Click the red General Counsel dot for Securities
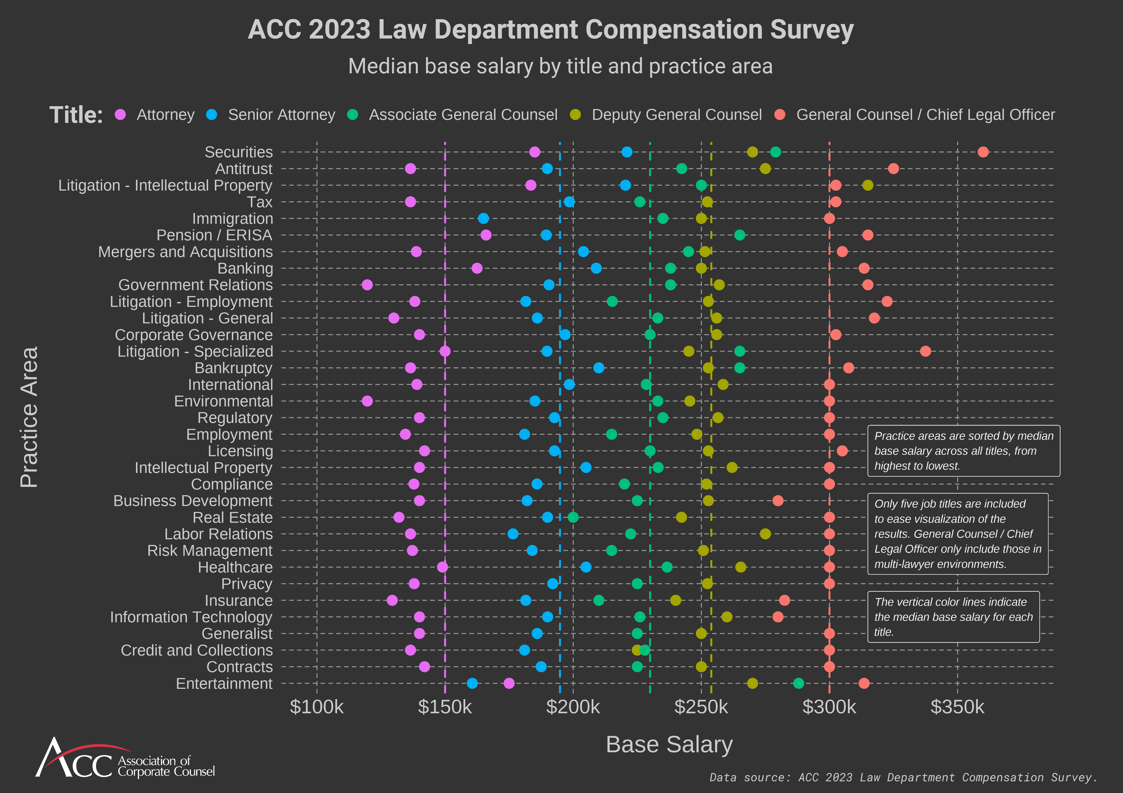983,152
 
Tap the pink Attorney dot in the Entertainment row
509,684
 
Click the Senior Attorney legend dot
211,115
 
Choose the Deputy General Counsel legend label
676,115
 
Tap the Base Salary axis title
669,745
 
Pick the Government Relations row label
195,285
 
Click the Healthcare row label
235,567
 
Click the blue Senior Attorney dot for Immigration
483,218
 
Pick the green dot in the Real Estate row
573,517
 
